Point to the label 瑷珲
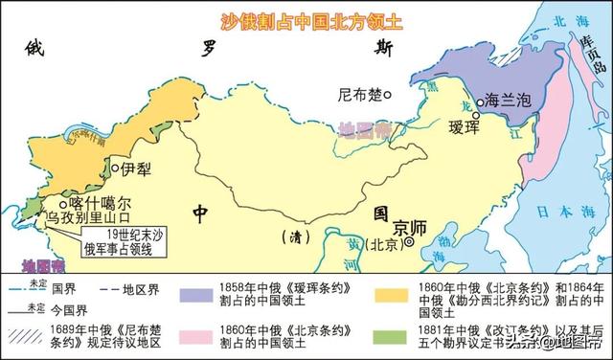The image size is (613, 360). coord(469,126)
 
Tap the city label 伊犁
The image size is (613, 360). coord(137,169)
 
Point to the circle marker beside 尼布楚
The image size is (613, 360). coord(388,95)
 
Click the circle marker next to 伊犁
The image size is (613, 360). coord(117,169)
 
